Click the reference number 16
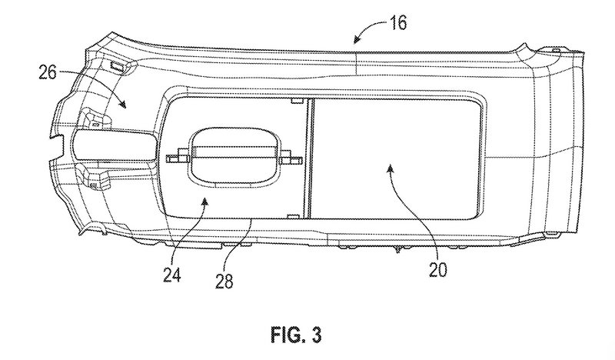(398, 23)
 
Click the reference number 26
(48, 72)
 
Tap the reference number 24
(172, 275)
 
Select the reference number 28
(224, 281)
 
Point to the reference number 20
(437, 269)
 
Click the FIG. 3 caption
(296, 335)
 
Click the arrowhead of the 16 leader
(357, 39)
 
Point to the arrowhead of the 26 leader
(123, 103)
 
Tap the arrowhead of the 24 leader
(204, 202)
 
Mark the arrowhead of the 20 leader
(390, 168)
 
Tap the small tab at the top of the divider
(298, 101)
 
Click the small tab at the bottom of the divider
(294, 216)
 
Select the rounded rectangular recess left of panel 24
(115, 145)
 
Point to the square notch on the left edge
(58, 147)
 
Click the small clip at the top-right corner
(556, 51)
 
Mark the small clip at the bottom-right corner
(552, 235)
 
